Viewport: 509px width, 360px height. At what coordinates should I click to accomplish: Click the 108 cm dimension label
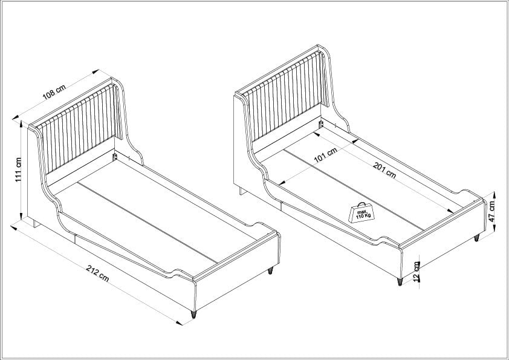click(54, 91)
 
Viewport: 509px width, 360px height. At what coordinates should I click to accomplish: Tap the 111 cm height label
click(19, 169)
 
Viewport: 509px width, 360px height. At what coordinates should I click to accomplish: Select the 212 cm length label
click(98, 273)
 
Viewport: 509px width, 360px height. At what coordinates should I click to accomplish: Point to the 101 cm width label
click(325, 155)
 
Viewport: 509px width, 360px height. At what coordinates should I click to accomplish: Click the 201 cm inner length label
click(384, 169)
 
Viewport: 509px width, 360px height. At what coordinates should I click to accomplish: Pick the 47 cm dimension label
click(492, 211)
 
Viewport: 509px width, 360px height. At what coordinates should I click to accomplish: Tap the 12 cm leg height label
click(417, 271)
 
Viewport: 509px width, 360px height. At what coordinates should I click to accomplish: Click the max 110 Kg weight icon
click(361, 213)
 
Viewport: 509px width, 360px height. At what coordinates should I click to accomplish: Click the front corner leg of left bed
click(193, 314)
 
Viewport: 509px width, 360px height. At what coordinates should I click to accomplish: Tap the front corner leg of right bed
click(400, 281)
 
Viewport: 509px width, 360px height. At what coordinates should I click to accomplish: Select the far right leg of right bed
click(476, 238)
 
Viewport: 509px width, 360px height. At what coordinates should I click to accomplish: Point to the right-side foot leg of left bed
click(270, 270)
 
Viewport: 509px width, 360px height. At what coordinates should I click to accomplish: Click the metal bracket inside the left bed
click(114, 157)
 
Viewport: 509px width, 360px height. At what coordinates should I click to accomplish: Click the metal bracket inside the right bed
click(321, 124)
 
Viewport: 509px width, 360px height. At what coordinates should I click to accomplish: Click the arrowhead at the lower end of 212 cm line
click(179, 322)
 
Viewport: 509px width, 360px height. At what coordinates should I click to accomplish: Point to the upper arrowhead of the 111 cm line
click(21, 124)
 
